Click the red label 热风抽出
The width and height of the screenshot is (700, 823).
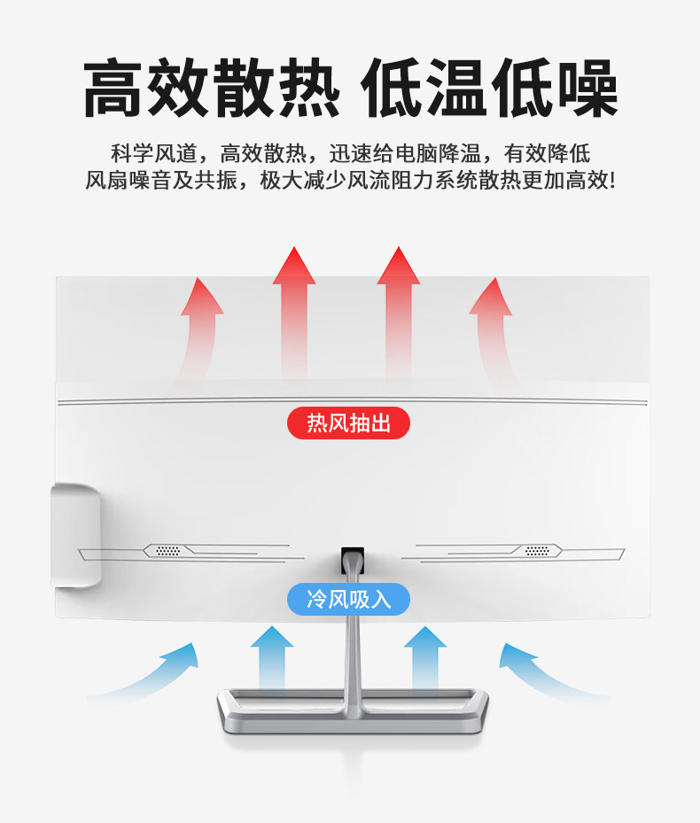click(x=348, y=423)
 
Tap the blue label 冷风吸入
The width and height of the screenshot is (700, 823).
click(x=348, y=599)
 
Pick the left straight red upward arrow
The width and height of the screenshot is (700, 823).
click(x=293, y=310)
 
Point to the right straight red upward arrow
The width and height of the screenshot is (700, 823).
click(x=398, y=310)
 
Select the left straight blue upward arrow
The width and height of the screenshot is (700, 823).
click(x=271, y=660)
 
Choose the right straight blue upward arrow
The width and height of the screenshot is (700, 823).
click(x=425, y=660)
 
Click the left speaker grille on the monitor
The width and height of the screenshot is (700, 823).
click(x=168, y=551)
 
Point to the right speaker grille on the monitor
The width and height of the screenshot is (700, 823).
click(x=535, y=551)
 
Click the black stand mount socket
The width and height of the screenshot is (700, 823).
click(x=353, y=558)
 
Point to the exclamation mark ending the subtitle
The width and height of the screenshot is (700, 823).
click(x=611, y=180)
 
